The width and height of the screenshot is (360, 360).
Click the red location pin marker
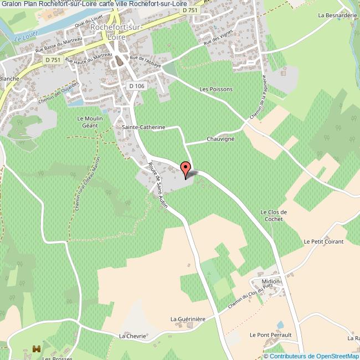point(186,169)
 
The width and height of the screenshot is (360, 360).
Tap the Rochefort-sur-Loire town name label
point(120,30)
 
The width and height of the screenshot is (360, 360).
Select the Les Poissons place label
point(216,89)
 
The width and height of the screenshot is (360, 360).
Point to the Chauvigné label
point(220,139)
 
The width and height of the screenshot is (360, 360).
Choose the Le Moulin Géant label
point(88,122)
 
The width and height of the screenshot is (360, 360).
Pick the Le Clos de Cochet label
point(273,215)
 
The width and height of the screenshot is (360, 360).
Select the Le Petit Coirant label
point(323,241)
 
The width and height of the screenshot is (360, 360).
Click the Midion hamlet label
point(271,282)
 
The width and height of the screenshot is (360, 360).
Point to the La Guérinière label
point(188,319)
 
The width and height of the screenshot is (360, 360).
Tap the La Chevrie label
point(132,336)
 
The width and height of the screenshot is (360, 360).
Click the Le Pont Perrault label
point(270,335)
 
